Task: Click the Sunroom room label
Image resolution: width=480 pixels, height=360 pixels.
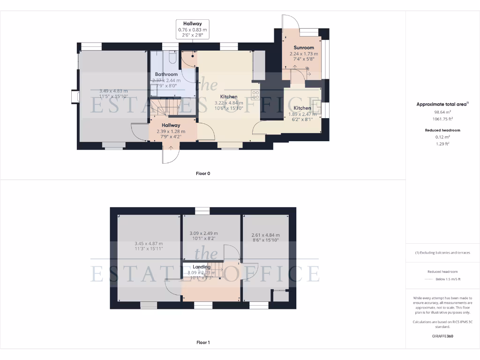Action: [304, 48]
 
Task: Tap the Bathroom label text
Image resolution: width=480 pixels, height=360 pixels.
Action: [166, 75]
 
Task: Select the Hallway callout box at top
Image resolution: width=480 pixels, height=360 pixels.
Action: [192, 29]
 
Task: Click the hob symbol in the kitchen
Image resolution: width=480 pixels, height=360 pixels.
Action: [256, 95]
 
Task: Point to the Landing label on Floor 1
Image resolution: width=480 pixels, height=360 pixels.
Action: [202, 267]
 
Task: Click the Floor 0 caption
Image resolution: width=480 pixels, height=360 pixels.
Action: [203, 173]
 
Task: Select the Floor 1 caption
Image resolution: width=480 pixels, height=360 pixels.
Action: [203, 343]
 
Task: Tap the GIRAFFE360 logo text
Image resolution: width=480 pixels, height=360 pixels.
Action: [443, 336]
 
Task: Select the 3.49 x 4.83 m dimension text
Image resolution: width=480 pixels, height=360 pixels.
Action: [113, 91]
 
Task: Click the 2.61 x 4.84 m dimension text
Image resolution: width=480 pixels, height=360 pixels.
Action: [266, 235]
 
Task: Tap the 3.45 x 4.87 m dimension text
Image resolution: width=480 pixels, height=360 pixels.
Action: [149, 244]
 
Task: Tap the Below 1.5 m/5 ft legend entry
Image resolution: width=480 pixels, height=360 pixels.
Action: [448, 279]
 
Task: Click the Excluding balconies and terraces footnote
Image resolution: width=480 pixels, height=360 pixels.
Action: [442, 253]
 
